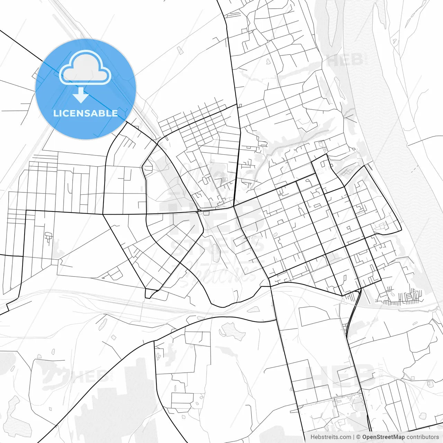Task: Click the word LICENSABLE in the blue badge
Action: pyautogui.click(x=85, y=113)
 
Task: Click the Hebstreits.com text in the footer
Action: pyautogui.click(x=331, y=437)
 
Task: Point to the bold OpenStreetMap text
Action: pyautogui.click(x=383, y=437)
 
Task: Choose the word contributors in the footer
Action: pyautogui.click(x=422, y=437)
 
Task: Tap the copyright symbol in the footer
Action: pyautogui.click(x=358, y=437)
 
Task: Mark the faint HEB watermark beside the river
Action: pyautogui.click(x=344, y=61)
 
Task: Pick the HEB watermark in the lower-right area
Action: pyautogui.click(x=341, y=376)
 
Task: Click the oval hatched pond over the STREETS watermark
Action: pyautogui.click(x=216, y=253)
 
